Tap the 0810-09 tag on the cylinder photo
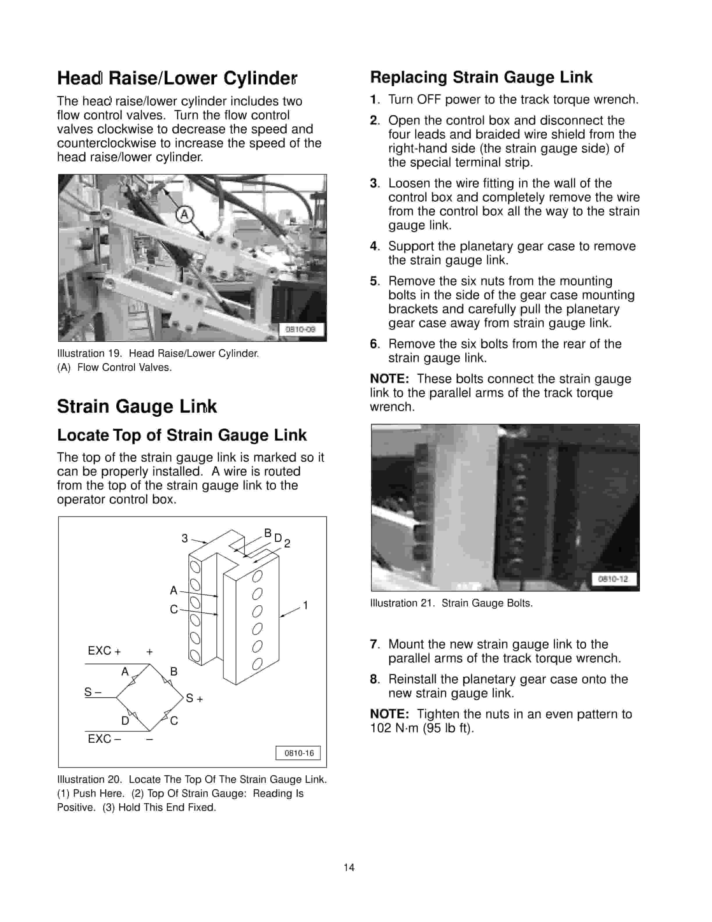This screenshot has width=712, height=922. tap(300, 329)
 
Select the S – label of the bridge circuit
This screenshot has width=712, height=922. tap(93, 692)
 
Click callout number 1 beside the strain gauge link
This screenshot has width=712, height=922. tap(305, 606)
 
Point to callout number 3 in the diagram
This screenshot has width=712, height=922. tap(184, 538)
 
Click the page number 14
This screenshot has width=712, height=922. tap(349, 868)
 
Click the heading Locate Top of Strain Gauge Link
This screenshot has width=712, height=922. tap(182, 435)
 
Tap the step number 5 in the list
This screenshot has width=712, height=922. tap(374, 281)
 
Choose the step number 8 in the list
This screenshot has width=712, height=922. tap(374, 679)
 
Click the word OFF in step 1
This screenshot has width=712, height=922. tap(429, 100)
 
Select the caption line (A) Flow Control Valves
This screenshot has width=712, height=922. tap(114, 368)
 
